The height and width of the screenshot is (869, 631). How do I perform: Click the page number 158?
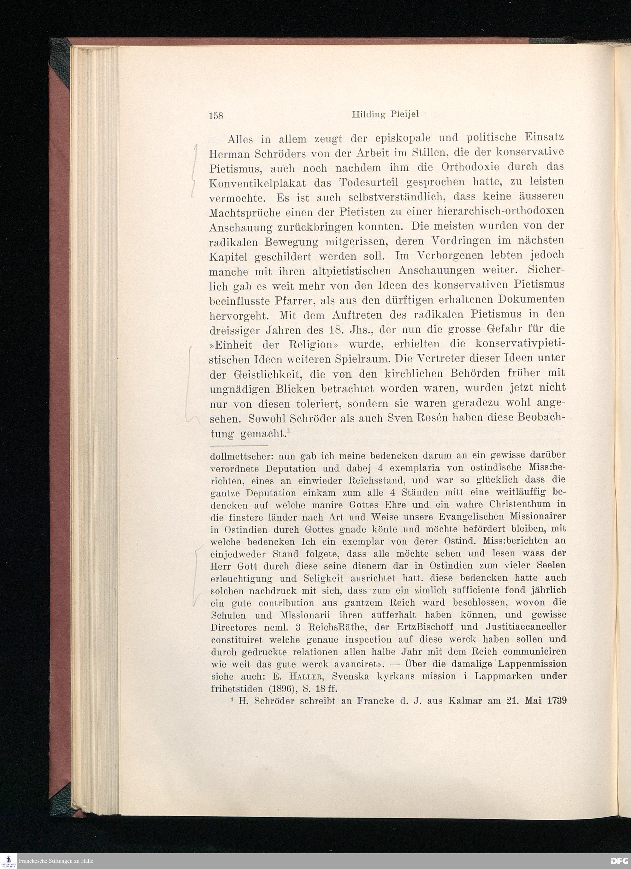(216, 115)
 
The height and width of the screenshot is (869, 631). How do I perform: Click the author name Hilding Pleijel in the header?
(386, 115)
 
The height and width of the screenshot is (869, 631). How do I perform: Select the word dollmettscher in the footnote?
(241, 456)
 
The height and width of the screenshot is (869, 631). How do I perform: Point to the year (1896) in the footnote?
(276, 688)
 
